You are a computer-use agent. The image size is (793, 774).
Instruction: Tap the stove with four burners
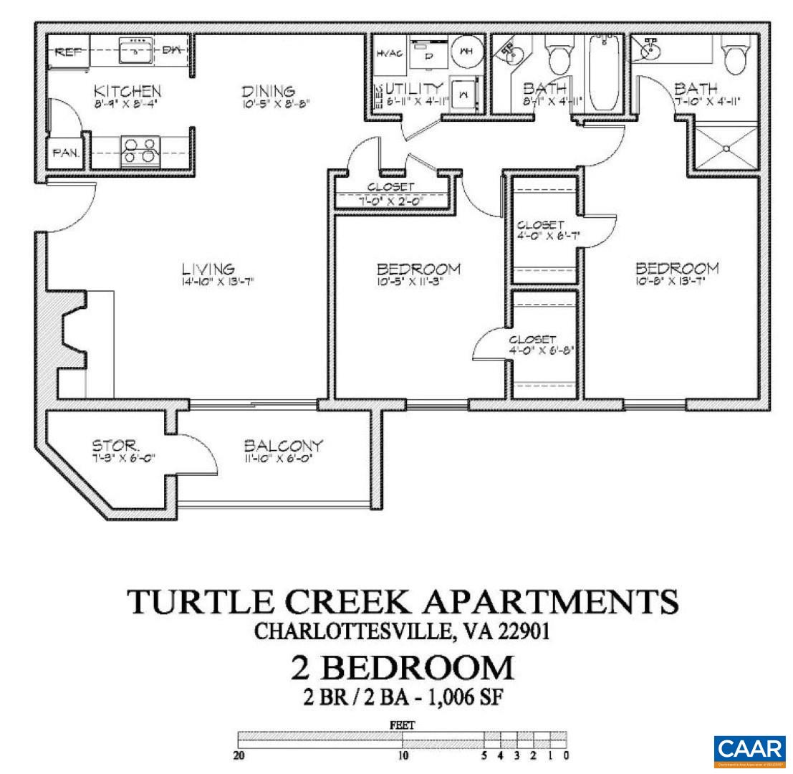[139, 151]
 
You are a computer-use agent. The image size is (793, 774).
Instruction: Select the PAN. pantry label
[66, 153]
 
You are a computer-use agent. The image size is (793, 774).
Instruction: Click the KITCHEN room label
[128, 92]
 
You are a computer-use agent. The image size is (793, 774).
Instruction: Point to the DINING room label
[268, 92]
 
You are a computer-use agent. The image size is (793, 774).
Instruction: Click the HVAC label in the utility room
[389, 54]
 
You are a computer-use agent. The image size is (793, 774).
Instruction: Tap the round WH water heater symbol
[466, 52]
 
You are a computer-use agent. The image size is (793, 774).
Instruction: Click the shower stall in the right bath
[726, 148]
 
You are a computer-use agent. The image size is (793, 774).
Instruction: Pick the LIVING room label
[208, 269]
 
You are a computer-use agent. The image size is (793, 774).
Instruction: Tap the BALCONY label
[283, 445]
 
